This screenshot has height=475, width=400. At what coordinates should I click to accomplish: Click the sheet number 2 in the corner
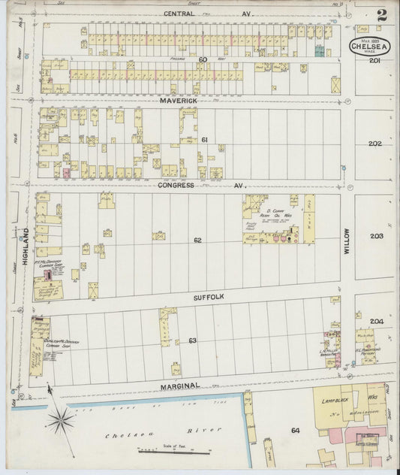click(x=382, y=14)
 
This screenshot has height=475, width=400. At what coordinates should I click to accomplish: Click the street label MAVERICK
click(x=177, y=99)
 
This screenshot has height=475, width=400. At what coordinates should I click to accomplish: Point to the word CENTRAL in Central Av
click(x=183, y=14)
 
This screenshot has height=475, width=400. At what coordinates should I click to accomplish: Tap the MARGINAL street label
click(x=180, y=386)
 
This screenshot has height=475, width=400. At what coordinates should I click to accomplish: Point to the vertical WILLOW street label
click(x=347, y=242)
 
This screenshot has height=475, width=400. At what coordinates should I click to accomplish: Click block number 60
click(x=203, y=59)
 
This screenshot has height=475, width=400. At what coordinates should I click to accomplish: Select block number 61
click(x=204, y=140)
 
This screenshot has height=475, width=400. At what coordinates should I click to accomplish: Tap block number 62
click(x=197, y=241)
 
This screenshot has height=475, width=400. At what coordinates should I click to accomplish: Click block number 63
click(x=193, y=340)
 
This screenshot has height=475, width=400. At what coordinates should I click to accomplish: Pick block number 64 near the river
click(x=295, y=430)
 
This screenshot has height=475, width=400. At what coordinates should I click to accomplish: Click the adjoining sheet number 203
click(x=376, y=236)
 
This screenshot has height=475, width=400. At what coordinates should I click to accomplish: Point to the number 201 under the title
click(x=375, y=62)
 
